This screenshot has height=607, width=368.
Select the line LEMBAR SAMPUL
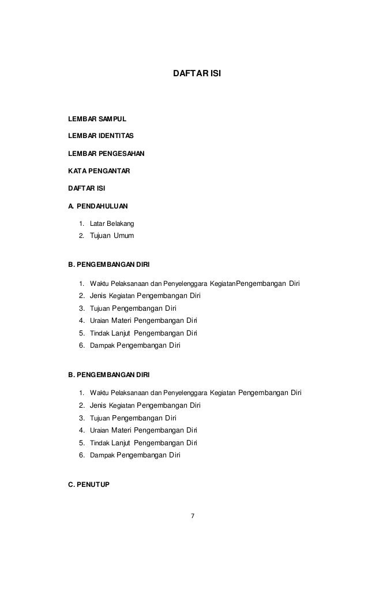(x=97, y=119)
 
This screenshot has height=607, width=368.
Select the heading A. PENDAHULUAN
(x=99, y=205)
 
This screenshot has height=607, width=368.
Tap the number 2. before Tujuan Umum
(x=82, y=236)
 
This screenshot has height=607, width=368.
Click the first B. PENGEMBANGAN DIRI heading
(x=109, y=265)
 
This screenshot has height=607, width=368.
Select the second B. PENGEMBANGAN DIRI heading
(x=109, y=375)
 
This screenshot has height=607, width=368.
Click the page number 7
(x=193, y=516)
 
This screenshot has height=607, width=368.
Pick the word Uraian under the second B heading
(x=99, y=431)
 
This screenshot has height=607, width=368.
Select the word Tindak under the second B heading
(x=100, y=444)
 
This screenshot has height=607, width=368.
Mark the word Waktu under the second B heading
(x=100, y=393)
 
